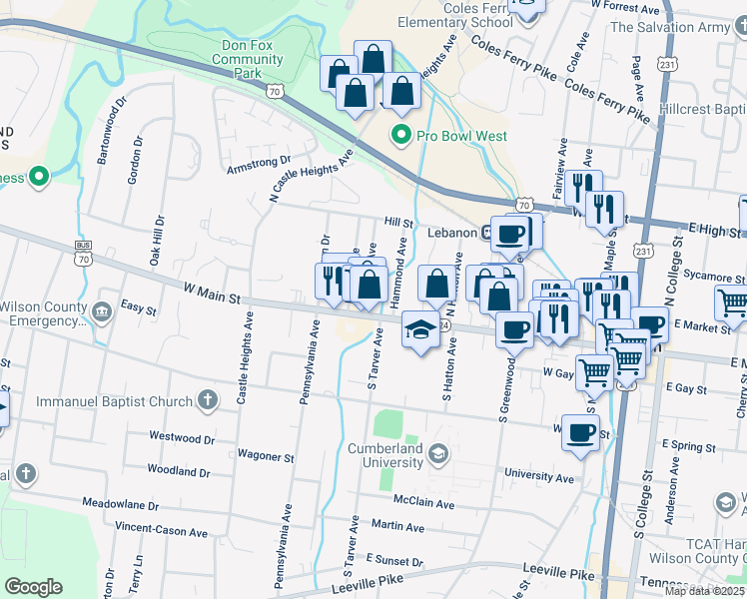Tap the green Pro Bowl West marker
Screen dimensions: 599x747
tap(401, 135)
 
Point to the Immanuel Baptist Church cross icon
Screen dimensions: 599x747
tap(208, 402)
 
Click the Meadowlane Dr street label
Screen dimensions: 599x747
tap(120, 504)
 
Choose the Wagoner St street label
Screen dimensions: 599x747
tap(266, 455)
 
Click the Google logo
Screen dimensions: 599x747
tap(33, 587)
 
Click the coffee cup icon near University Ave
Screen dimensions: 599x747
tap(580, 433)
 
